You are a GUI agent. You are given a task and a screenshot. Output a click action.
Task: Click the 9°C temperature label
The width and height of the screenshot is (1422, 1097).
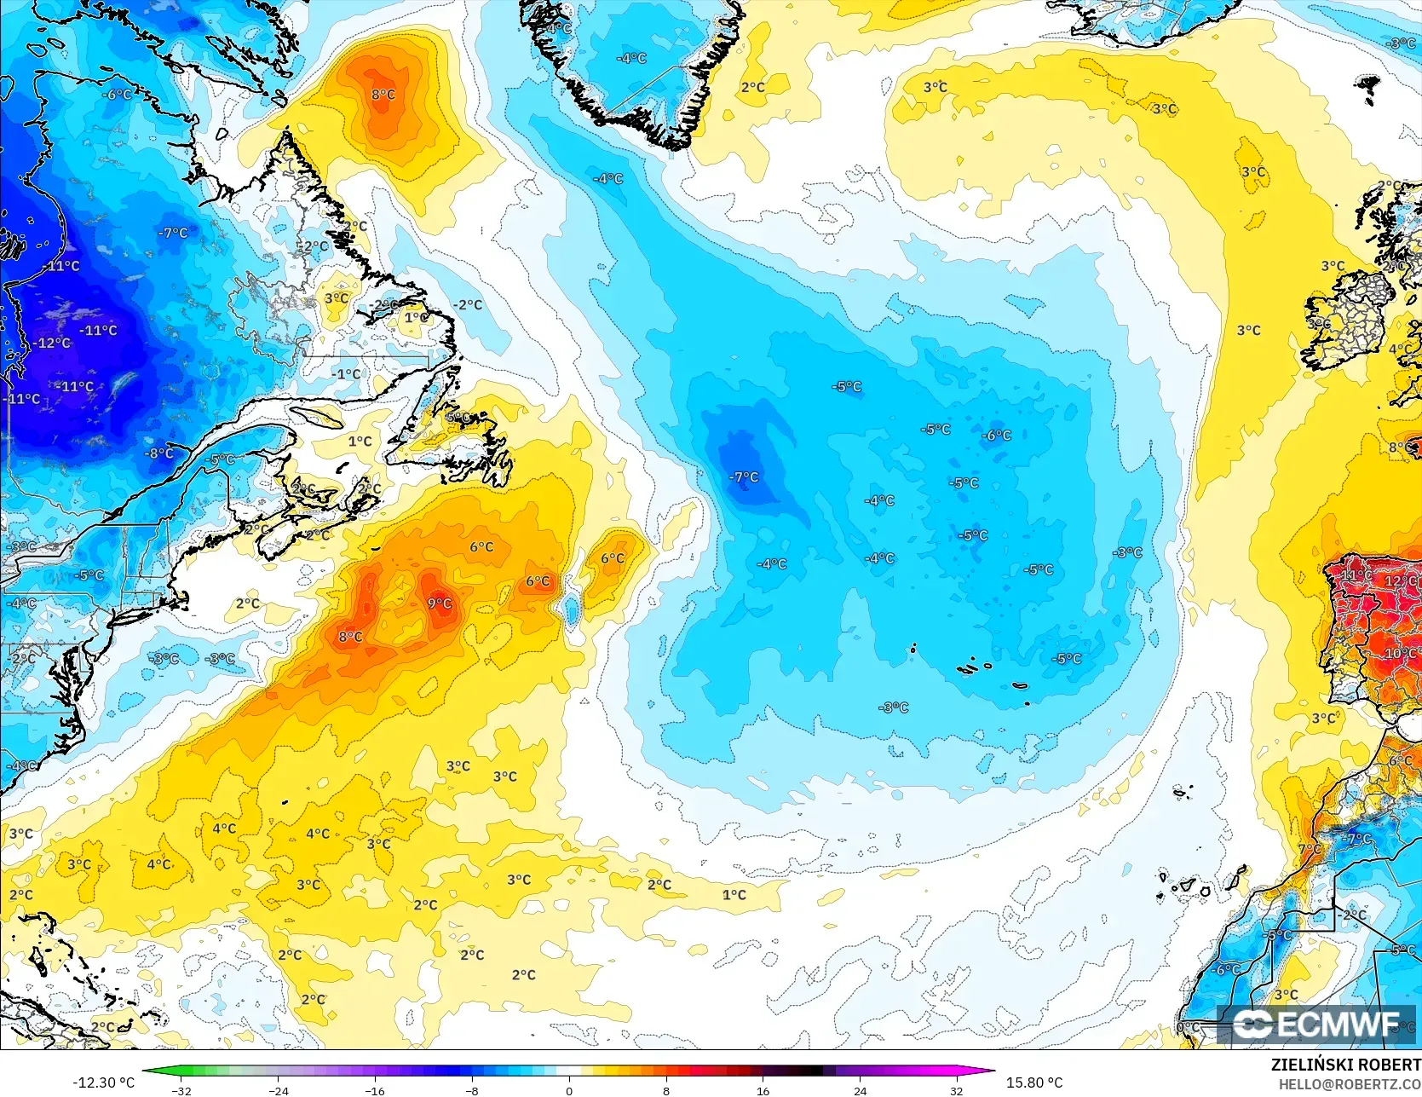point(440,603)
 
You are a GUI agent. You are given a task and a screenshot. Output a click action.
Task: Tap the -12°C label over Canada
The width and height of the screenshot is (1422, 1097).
point(54,343)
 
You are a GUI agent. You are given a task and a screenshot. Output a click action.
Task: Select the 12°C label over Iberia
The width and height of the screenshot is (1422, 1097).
point(1400,581)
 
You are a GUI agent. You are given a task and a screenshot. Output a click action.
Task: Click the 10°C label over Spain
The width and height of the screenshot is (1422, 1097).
point(1401,654)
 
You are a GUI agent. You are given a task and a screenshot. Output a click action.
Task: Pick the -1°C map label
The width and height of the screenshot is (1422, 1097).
point(346,373)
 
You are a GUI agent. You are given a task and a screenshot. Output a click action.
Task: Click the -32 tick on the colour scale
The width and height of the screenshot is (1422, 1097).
point(181,1090)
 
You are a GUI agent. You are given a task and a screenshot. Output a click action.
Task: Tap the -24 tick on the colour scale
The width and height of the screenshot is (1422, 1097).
point(278,1090)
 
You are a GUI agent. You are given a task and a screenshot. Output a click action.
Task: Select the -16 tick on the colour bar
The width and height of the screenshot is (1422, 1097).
point(375,1090)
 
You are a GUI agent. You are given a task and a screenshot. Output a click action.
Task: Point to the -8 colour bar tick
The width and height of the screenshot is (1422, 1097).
point(472,1090)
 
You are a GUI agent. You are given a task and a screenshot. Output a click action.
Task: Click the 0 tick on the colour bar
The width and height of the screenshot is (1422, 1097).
point(569,1090)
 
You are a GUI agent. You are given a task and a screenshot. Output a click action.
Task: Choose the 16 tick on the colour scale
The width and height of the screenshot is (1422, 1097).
point(763,1090)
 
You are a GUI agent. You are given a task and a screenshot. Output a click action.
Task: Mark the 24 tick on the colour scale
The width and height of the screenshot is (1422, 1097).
point(860,1090)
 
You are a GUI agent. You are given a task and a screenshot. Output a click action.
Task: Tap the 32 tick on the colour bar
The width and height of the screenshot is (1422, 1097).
point(956,1090)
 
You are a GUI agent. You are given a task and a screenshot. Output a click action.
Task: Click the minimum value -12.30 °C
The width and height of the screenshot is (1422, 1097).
point(104,1083)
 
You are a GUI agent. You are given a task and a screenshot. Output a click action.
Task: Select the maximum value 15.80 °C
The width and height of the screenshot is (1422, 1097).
point(1034,1083)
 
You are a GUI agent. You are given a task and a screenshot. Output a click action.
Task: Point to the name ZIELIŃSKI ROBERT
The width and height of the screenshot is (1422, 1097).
point(1345,1065)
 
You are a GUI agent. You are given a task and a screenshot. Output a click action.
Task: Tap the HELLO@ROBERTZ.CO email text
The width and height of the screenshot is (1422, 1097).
point(1349,1083)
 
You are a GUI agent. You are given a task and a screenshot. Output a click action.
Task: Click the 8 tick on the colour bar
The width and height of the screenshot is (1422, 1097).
point(666,1090)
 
